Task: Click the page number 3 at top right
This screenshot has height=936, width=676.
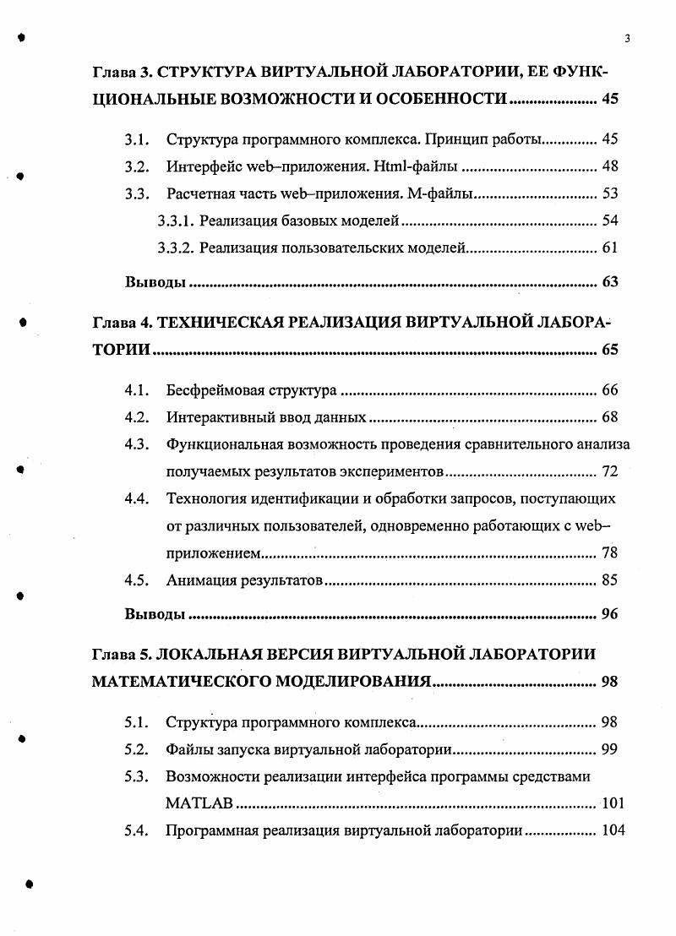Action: (627, 38)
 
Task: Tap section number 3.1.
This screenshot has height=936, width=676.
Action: (137, 139)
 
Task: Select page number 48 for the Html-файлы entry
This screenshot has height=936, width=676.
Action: (609, 166)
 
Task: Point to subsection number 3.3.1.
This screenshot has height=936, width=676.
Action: (177, 220)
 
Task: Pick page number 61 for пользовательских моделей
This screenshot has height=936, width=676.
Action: (609, 248)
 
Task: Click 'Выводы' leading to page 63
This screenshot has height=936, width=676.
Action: (155, 282)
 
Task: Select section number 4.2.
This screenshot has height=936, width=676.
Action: (137, 417)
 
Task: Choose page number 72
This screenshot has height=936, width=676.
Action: (609, 471)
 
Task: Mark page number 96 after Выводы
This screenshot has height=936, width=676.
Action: (609, 614)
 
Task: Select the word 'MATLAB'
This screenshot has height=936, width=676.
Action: (199, 803)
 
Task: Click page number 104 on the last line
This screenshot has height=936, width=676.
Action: (612, 830)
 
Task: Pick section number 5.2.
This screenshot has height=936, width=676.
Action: (137, 749)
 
